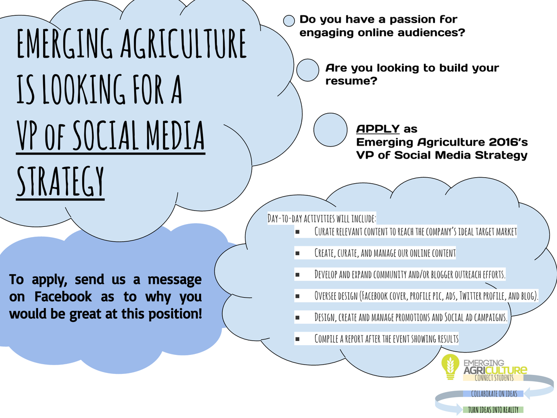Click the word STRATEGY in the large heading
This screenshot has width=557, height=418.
point(60,181)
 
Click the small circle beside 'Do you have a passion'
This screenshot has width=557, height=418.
point(289,21)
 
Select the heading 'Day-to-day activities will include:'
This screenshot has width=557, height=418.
point(322,219)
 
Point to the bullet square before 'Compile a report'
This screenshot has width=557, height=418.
point(297,339)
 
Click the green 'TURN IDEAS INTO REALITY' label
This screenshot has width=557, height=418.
point(493,410)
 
